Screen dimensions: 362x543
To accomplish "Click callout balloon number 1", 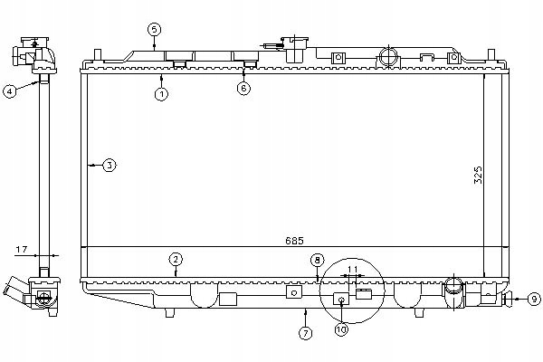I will (161, 93).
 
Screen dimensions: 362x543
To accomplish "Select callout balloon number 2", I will (176, 260).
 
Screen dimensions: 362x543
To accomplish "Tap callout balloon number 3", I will (109, 166).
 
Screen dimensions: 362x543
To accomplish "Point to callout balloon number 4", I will (10, 90).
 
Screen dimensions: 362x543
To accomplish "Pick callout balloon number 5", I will (155, 30).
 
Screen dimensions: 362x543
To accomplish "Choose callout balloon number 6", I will (243, 89).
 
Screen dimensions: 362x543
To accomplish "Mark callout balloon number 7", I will (305, 334).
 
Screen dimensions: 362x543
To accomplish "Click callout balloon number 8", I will (317, 260).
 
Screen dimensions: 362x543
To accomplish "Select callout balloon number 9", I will (533, 298).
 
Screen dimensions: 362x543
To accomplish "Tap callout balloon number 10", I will (341, 330).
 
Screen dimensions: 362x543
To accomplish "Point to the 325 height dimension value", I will (479, 175).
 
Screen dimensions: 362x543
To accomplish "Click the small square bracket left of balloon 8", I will (293, 292).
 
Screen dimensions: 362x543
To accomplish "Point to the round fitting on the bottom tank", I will (453, 289).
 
